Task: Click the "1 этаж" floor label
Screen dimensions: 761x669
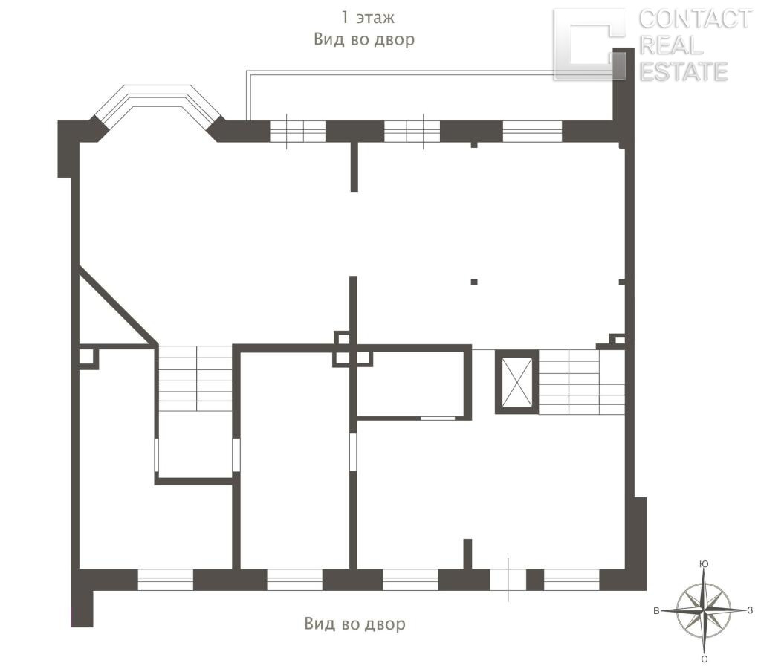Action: (x=368, y=18)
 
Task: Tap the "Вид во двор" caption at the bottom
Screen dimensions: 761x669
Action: (x=354, y=624)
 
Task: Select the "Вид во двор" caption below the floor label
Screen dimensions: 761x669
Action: (x=364, y=39)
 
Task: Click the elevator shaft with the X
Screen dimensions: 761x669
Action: (x=516, y=381)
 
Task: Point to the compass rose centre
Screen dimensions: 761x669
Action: (x=704, y=610)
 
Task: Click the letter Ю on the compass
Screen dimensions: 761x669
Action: (x=704, y=563)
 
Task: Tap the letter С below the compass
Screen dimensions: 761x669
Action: (x=705, y=659)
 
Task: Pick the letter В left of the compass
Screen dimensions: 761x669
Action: (x=656, y=611)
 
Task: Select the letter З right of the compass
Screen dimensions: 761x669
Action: (x=751, y=610)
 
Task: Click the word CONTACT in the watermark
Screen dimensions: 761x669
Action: (x=695, y=19)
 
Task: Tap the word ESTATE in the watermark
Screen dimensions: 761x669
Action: (x=684, y=71)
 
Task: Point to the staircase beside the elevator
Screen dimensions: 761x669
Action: (x=581, y=381)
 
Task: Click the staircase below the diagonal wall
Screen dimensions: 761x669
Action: (x=195, y=378)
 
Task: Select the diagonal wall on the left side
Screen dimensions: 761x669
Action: (x=117, y=306)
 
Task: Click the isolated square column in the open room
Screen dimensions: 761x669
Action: (x=474, y=282)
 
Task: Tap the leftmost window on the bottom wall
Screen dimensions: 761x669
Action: (x=166, y=580)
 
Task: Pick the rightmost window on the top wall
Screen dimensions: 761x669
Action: (x=532, y=131)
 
